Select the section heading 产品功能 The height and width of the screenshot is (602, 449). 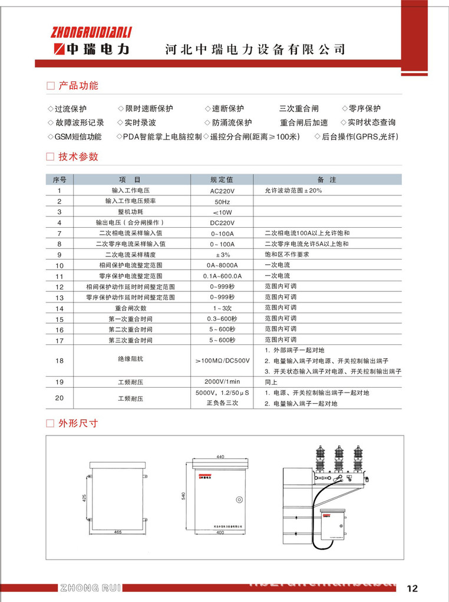(x=78, y=86)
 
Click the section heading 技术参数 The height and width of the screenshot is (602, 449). (x=78, y=157)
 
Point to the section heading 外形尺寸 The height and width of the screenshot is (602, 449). (x=78, y=423)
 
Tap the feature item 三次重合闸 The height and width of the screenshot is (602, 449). (x=299, y=109)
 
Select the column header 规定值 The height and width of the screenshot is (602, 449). (x=222, y=180)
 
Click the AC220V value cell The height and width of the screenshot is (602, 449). (x=222, y=191)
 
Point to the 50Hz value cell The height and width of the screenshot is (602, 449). (x=222, y=202)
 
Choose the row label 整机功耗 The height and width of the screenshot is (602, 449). (x=131, y=212)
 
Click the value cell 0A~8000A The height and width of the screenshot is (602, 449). (x=222, y=265)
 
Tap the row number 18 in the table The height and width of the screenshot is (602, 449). (x=60, y=360)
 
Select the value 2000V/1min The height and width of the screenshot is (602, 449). (x=222, y=382)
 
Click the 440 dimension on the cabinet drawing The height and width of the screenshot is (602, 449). (x=221, y=457)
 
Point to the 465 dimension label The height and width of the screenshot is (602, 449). (x=117, y=531)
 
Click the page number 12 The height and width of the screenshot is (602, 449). (x=412, y=588)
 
